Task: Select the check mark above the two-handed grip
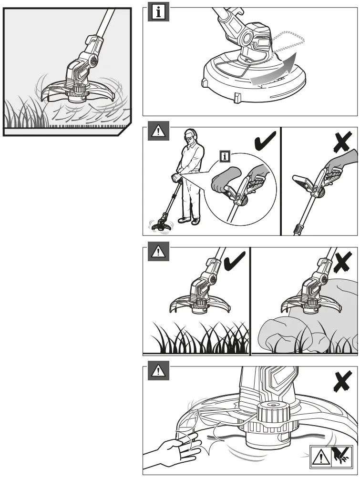tap(264, 142)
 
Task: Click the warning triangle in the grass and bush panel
tap(156, 253)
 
